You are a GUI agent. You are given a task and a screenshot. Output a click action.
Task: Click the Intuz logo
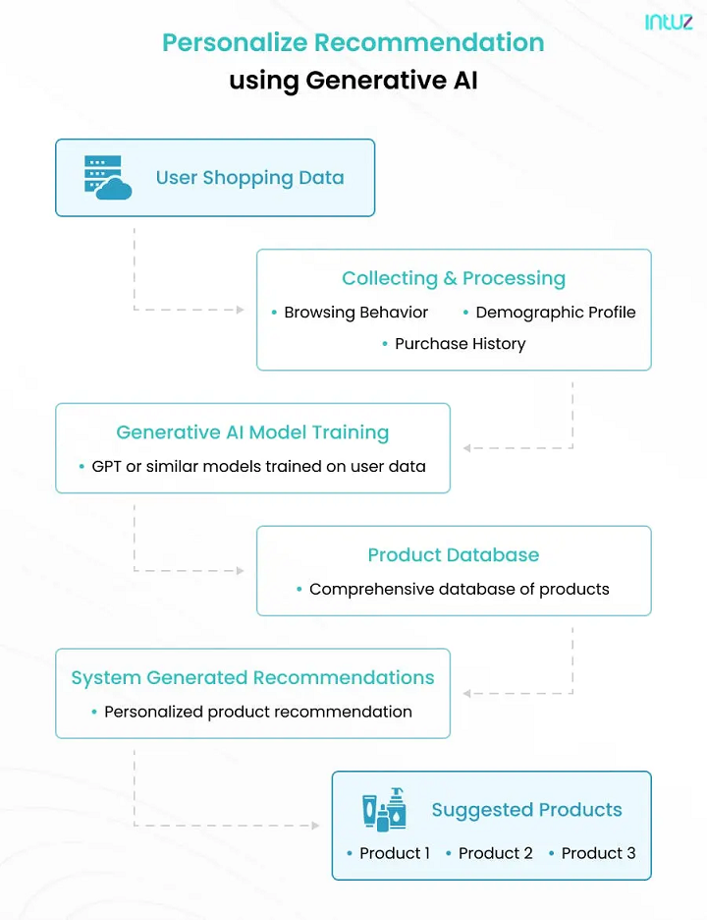pos(669,22)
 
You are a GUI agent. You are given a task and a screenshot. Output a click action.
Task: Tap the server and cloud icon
pos(107,178)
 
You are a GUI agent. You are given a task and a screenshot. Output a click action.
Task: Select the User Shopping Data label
pos(249,178)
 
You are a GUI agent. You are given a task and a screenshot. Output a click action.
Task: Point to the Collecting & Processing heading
pos(454,278)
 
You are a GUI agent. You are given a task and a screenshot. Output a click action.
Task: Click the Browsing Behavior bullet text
pos(355,313)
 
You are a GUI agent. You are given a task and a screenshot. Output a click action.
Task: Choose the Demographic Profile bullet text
pos(555,313)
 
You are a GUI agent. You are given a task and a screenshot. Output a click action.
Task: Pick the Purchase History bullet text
pos(460,344)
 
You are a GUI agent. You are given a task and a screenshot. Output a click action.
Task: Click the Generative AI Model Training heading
pos(252,432)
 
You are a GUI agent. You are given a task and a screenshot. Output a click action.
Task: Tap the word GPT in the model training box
pos(107,466)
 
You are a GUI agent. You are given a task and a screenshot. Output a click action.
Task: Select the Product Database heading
pos(454,555)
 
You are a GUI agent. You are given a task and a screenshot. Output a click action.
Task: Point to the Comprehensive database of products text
pos(459,590)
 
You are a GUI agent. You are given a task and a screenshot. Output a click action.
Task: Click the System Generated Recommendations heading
pos(252,678)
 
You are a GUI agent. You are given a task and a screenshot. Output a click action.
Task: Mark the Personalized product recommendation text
pos(257,712)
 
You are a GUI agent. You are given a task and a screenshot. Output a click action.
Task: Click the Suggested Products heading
pos(526,810)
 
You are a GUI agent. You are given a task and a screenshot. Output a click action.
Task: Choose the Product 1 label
pos(394,853)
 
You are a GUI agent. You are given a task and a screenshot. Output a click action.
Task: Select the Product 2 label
pos(495,853)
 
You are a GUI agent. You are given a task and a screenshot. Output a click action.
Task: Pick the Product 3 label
pos(598,853)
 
